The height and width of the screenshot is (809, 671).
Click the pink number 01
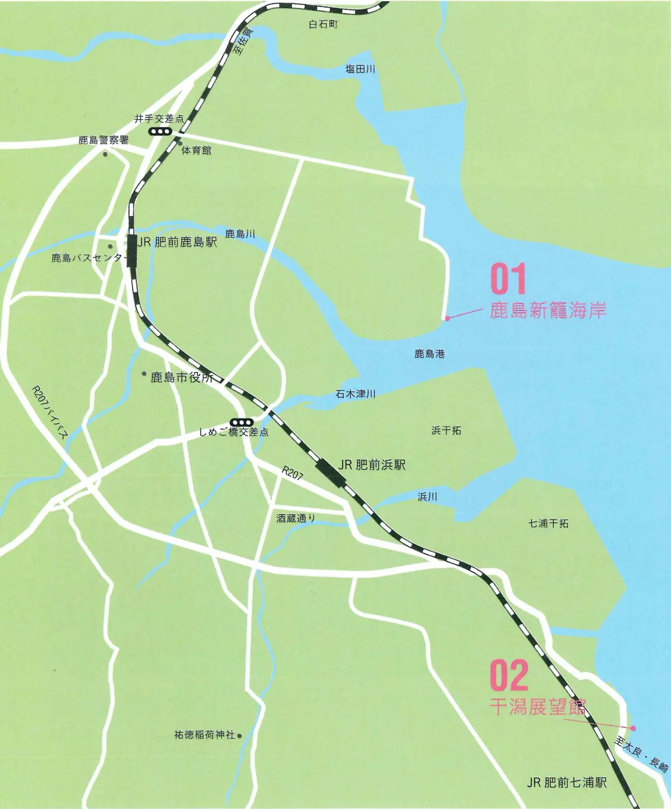click(508, 280)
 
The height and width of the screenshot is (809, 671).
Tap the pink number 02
click(509, 675)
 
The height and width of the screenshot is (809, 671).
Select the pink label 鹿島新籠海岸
click(548, 310)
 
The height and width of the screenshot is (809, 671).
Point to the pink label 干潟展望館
click(538, 707)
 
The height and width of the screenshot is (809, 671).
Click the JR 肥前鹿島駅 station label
click(177, 242)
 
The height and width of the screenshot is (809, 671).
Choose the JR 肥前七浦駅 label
click(566, 782)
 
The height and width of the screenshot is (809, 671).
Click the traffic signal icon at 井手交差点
click(160, 131)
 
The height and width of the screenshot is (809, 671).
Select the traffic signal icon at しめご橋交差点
click(242, 422)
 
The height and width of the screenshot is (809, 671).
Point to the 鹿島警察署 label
click(103, 140)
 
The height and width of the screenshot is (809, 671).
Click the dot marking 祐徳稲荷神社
click(240, 736)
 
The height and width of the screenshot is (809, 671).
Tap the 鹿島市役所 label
click(182, 378)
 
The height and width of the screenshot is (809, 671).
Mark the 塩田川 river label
click(360, 69)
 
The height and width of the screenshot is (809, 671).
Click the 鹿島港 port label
click(429, 354)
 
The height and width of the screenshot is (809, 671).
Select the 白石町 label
click(323, 25)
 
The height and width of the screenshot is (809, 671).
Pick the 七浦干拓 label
click(549, 524)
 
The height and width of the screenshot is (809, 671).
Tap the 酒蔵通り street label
click(296, 518)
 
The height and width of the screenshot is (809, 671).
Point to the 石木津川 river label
click(355, 394)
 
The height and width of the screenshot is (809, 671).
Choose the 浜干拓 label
click(446, 430)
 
